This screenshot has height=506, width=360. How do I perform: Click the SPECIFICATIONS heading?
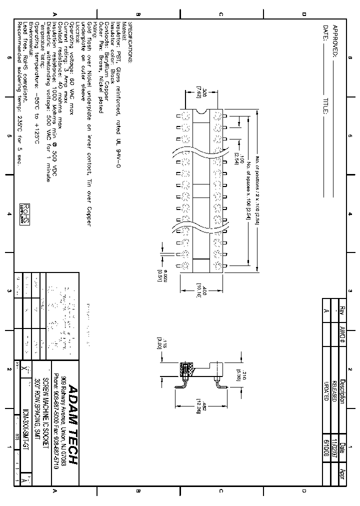coord(131,42)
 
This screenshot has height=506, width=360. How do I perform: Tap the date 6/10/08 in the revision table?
coord(328,447)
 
